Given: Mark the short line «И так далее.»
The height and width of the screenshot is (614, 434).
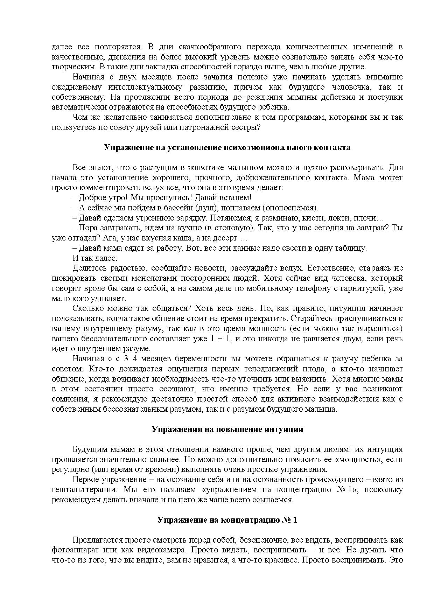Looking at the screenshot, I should pyautogui.click(x=95, y=258).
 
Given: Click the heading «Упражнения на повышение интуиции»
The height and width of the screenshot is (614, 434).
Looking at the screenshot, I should pyautogui.click(x=227, y=429).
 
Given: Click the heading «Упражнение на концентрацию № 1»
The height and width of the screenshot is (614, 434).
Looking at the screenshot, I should pyautogui.click(x=227, y=520).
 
